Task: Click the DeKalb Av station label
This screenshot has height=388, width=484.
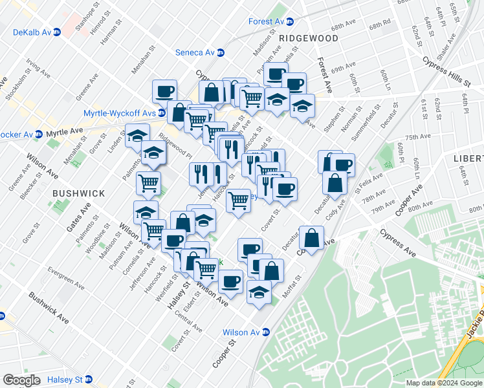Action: [32, 31]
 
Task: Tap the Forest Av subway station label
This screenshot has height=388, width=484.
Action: [267, 21]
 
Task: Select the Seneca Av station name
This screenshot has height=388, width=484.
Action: [195, 52]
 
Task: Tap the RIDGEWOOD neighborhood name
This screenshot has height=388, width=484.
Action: [309, 39]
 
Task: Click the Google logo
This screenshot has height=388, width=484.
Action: [21, 380]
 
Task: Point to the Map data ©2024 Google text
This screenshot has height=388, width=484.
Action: [444, 383]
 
